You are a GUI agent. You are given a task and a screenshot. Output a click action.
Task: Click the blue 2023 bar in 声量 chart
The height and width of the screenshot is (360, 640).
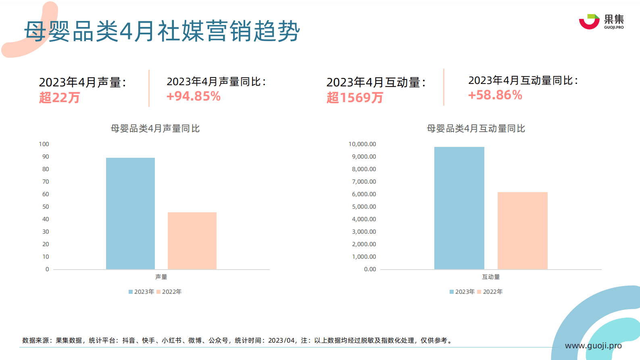[x=130, y=213]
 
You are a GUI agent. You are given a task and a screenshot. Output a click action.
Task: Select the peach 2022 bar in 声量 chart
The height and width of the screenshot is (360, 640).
[x=192, y=241]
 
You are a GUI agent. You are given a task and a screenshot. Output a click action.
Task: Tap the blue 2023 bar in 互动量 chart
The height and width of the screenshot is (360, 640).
[x=459, y=208]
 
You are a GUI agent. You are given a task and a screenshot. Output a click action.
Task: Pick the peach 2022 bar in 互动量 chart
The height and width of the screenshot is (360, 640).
[x=522, y=230]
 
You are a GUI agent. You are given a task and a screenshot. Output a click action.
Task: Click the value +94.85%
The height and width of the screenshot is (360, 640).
[x=194, y=96]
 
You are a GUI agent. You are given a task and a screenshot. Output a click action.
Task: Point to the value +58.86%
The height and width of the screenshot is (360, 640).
[x=495, y=95]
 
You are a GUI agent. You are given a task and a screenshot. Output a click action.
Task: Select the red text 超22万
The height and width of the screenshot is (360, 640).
[x=59, y=98]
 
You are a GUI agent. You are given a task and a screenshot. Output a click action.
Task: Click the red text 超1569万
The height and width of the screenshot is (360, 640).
[x=354, y=98]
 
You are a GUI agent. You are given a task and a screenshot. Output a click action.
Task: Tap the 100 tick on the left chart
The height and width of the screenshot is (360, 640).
[x=44, y=144]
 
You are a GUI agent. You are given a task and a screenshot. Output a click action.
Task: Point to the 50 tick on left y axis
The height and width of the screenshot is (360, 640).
[x=46, y=207]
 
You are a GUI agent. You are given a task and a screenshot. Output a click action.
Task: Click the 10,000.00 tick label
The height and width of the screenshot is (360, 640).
[x=362, y=144]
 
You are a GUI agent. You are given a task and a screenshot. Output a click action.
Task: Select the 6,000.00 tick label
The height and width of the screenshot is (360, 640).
[x=364, y=194]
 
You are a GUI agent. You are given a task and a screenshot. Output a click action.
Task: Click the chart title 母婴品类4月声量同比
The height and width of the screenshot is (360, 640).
[x=155, y=129]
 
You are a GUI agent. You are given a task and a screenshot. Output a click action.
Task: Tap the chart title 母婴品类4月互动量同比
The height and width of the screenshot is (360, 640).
[x=476, y=129]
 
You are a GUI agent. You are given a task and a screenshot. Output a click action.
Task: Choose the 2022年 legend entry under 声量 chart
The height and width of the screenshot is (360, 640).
[x=169, y=292]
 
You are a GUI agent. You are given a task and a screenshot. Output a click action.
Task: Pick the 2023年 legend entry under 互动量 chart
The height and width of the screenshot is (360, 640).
[x=462, y=292]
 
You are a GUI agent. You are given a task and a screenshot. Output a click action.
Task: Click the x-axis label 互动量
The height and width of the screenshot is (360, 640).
[x=491, y=277]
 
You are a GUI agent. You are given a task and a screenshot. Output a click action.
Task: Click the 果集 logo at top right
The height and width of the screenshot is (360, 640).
[x=601, y=21]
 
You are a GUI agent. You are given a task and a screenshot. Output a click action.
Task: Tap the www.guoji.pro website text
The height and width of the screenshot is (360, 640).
[x=593, y=346]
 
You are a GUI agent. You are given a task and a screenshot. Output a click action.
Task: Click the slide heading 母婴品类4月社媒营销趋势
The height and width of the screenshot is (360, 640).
[x=162, y=31]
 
